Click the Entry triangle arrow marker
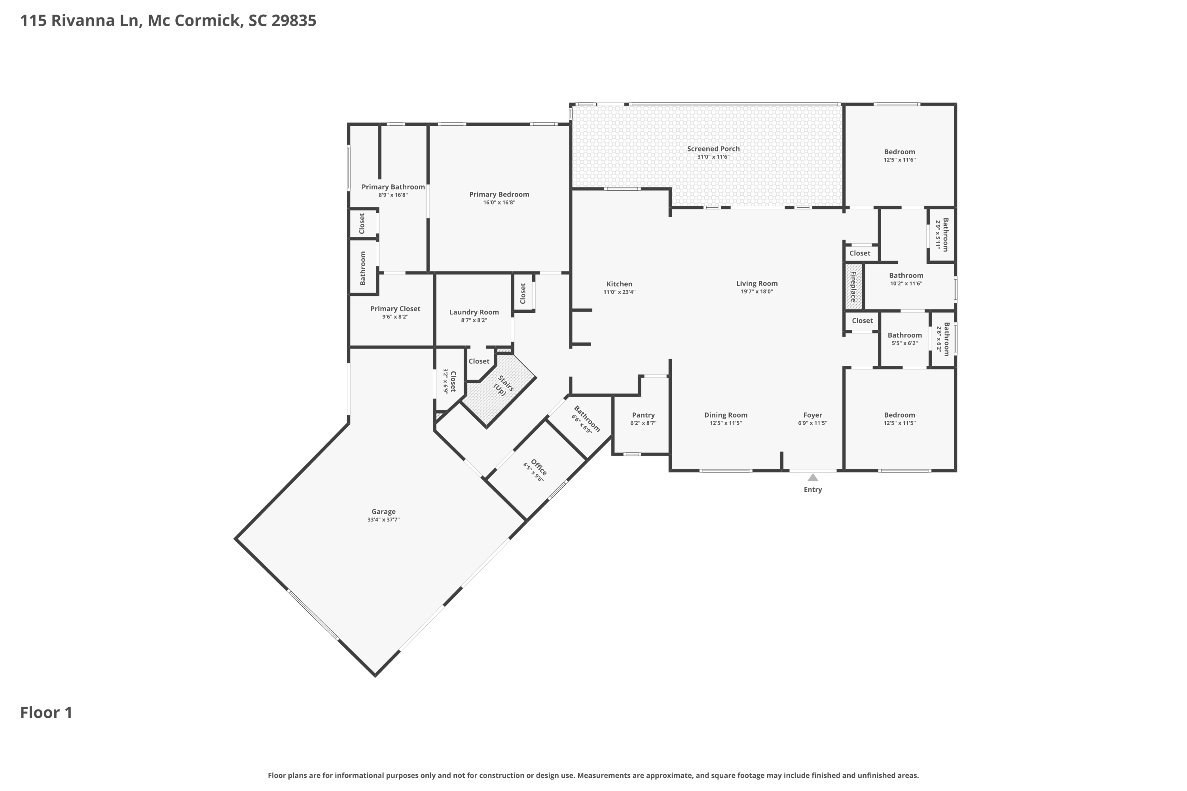(x=813, y=477)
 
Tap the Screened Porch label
(x=713, y=149)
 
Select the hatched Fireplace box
(x=853, y=286)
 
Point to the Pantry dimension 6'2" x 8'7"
(x=643, y=423)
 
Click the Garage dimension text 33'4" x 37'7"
(x=383, y=520)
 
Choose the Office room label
(x=538, y=467)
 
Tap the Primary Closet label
(x=395, y=309)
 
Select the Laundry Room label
(x=474, y=312)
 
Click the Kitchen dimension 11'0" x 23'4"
(x=619, y=292)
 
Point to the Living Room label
(x=757, y=284)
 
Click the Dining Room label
(x=726, y=415)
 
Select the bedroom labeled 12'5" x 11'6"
(x=899, y=155)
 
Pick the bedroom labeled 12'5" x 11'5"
(x=899, y=419)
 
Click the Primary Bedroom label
(x=499, y=194)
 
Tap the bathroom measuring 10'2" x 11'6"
(x=906, y=279)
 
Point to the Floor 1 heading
(x=46, y=712)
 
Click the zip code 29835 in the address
(x=294, y=21)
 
